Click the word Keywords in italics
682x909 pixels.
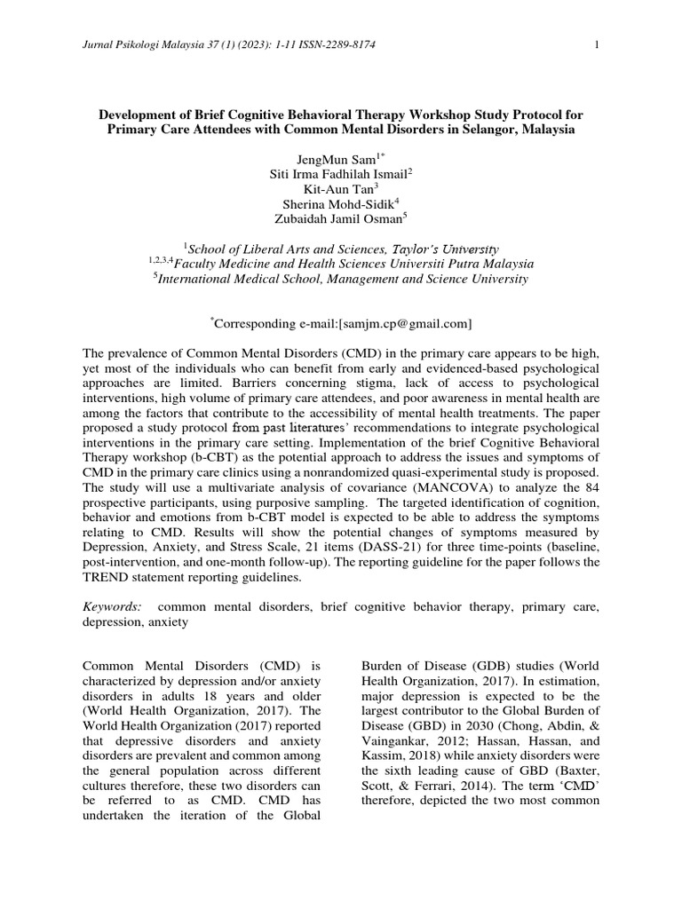pyautogui.click(x=111, y=606)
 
